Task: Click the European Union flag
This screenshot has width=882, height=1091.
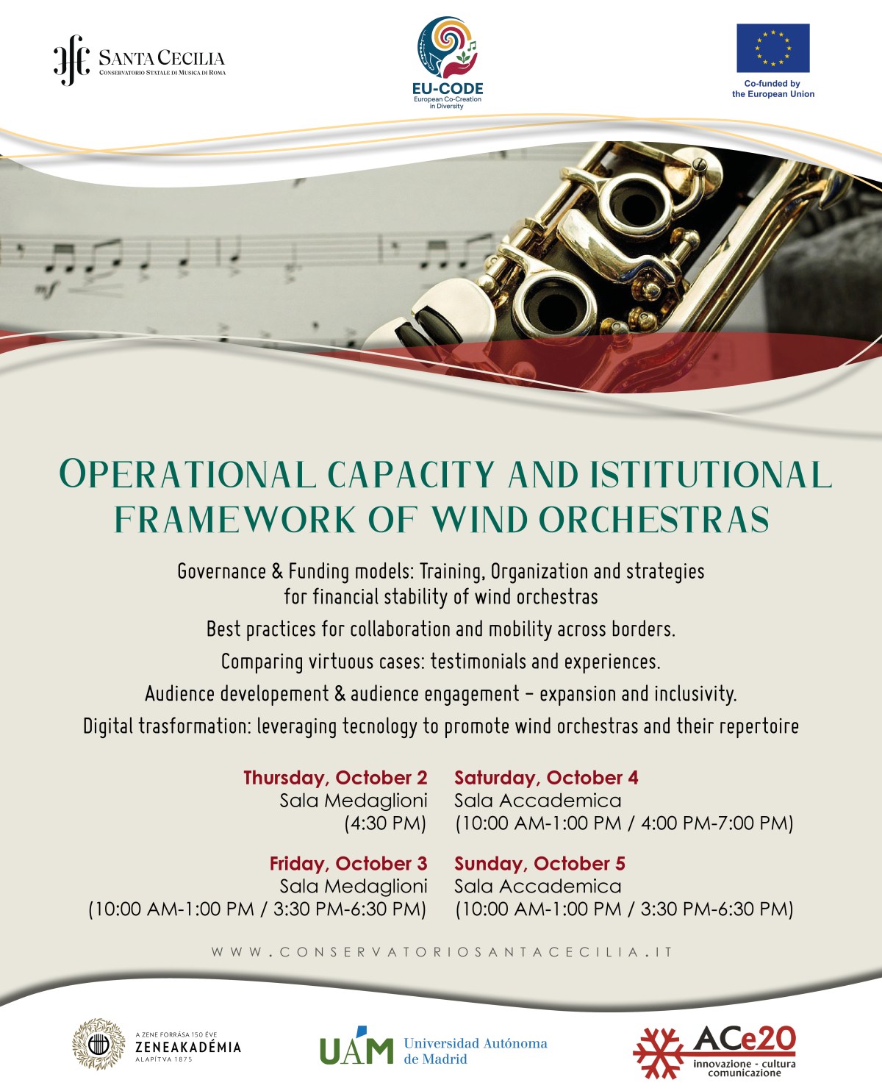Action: click(x=773, y=48)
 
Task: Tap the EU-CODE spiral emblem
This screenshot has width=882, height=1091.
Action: click(x=447, y=47)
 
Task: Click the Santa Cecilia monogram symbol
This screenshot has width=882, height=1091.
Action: click(x=72, y=60)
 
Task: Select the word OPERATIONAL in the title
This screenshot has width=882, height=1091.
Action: click(x=187, y=473)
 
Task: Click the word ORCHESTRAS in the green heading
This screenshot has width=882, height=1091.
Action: click(x=653, y=519)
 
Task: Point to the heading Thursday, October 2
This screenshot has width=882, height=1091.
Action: click(x=335, y=778)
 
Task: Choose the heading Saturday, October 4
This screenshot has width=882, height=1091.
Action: click(x=546, y=778)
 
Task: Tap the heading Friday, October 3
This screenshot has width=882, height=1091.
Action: click(x=348, y=864)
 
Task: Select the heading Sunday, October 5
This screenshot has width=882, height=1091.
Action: click(x=539, y=864)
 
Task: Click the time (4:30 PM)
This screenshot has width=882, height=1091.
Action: click(x=385, y=823)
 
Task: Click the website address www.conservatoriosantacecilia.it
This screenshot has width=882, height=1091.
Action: click(x=441, y=951)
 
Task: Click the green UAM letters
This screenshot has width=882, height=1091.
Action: click(x=356, y=1046)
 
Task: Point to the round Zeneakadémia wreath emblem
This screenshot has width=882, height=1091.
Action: click(x=98, y=1044)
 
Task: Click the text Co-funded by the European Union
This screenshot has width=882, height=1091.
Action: click(x=773, y=89)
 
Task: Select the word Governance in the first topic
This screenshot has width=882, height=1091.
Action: click(x=222, y=572)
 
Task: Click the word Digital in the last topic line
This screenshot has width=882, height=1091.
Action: click(x=107, y=726)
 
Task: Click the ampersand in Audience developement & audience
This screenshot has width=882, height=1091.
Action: click(x=340, y=694)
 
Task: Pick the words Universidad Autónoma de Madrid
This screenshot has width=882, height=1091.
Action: click(x=476, y=1051)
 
